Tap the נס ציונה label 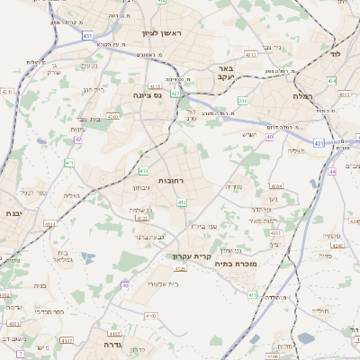(148, 94)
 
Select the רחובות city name (171, 181)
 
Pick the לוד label (336, 54)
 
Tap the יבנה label (13, 213)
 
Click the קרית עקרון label (192, 256)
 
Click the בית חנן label (93, 90)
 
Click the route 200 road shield (242, 102)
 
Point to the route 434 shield (331, 80)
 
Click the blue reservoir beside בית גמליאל (86, 257)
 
